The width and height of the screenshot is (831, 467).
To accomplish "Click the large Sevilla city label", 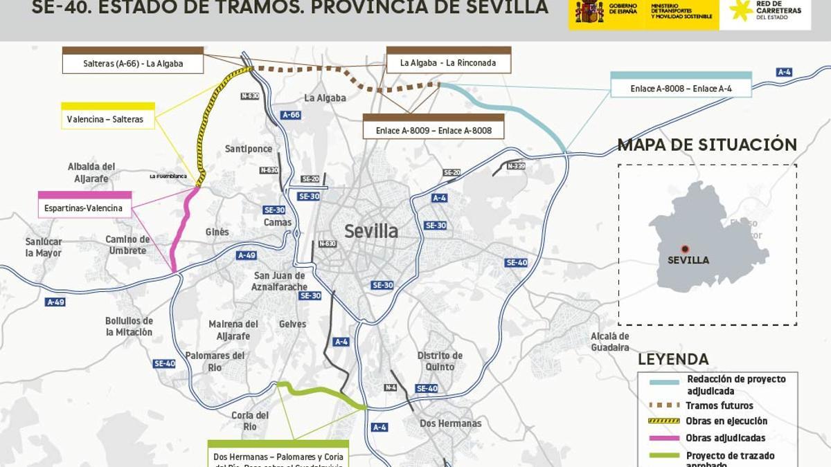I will point(371,231).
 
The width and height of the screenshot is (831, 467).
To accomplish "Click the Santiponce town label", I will point(249,149).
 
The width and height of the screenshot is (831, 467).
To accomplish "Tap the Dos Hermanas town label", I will point(450,423).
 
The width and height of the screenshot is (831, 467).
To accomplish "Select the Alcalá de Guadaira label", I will point(609,342).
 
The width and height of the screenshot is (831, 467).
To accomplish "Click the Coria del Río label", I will point(250,421).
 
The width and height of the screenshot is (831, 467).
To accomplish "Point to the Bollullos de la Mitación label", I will point(129,327).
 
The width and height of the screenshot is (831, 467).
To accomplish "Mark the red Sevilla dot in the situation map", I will point(685,248).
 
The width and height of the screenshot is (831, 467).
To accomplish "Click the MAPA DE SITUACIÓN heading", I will point(707,145).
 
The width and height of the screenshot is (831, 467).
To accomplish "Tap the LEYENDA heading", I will point(673,360).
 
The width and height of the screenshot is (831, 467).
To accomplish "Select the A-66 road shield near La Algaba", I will point(291,115).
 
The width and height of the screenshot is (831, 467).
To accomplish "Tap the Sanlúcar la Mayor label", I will point(44,248).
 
